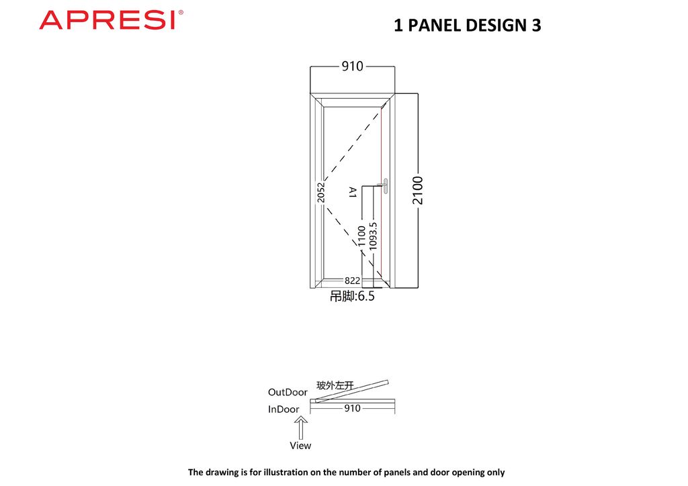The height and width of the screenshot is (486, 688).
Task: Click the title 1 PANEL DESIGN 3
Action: click(468, 26)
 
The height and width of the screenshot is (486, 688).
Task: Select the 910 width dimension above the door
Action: click(352, 66)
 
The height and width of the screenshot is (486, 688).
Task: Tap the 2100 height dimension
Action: click(418, 190)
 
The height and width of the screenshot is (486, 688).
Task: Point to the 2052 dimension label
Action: click(321, 193)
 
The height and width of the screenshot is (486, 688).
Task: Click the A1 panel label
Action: click(352, 192)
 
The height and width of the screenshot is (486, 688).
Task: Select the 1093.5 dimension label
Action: click(373, 236)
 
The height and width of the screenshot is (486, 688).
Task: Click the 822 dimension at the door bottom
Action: click(352, 281)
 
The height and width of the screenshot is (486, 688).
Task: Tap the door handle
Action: click(385, 186)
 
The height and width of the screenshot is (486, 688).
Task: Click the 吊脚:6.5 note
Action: click(352, 296)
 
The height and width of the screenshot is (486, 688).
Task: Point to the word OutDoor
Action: click(288, 392)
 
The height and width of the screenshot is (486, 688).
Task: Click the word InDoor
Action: click(284, 409)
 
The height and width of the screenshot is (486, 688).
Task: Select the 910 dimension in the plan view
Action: click(352, 408)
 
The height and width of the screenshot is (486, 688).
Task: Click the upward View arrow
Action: click(301, 428)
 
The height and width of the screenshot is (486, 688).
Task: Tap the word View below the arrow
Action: click(300, 446)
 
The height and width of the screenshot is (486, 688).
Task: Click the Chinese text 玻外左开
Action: click(335, 385)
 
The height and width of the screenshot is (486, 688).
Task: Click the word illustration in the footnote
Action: click(285, 473)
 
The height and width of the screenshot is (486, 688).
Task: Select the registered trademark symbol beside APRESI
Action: click(181, 13)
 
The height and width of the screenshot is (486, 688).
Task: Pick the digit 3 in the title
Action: click(537, 26)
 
